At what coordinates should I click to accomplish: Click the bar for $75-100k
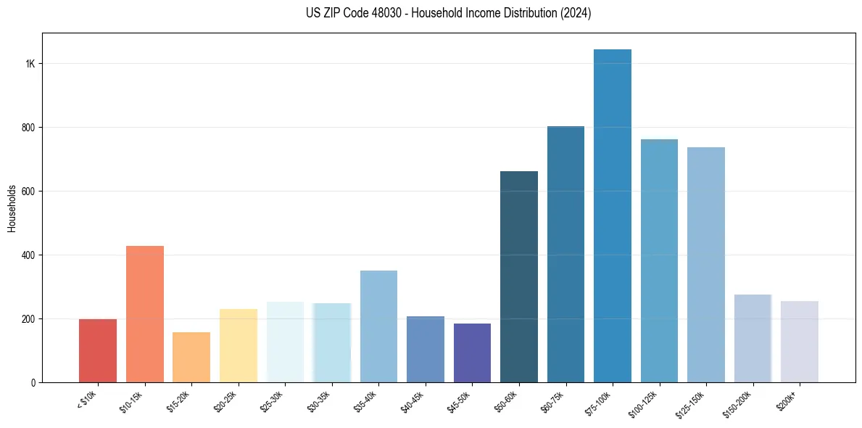click(x=612, y=218)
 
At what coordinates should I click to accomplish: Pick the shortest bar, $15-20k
click(x=191, y=358)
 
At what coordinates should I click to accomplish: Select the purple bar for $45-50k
click(x=472, y=353)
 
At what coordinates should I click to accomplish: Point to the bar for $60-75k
click(x=565, y=254)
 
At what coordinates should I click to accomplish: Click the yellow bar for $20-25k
click(x=238, y=346)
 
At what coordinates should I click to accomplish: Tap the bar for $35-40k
click(x=378, y=326)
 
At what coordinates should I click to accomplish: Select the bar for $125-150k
click(x=705, y=265)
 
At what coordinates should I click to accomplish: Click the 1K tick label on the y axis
click(x=30, y=64)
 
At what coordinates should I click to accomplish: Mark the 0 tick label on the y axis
click(x=33, y=382)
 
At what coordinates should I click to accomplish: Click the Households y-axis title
click(x=12, y=208)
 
